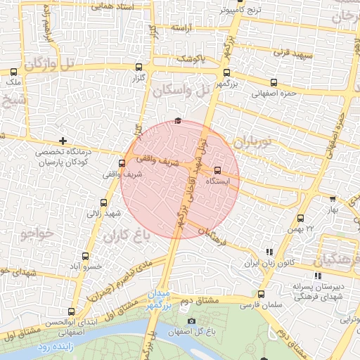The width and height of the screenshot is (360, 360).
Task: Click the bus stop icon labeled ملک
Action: (13, 71)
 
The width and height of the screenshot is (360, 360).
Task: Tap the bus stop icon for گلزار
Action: (138, 67)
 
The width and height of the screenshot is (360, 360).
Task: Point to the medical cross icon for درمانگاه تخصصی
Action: (63, 141)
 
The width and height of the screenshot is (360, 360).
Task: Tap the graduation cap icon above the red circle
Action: (178, 121)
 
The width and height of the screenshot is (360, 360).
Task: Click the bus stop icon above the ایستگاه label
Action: (217, 170)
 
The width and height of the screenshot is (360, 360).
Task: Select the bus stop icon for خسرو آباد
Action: (86, 256)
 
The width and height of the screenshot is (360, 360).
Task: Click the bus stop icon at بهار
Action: (333, 199)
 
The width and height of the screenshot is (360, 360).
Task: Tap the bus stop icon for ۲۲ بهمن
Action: (301, 218)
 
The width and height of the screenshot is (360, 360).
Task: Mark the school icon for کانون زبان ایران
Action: (269, 252)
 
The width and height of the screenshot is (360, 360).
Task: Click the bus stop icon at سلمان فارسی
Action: (262, 295)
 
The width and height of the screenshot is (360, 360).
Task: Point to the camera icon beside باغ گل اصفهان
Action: (192, 322)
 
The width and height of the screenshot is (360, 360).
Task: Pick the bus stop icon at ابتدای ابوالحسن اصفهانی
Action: (72, 311)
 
